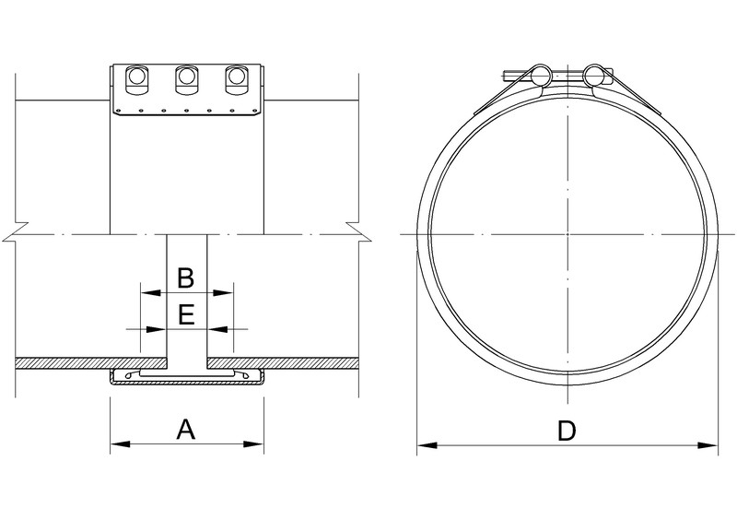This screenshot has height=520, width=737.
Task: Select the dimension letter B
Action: [185, 277]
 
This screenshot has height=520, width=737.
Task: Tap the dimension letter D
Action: [568, 431]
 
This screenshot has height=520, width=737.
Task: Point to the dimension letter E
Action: [185, 315]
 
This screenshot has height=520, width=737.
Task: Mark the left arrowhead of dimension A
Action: [117, 444]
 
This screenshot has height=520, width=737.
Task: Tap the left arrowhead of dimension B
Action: [145, 293]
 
